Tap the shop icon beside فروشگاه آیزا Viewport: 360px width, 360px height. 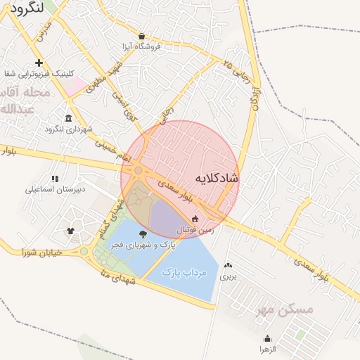pyautogui.click(x=142, y=36)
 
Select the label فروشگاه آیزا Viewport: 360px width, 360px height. pyautogui.click(x=142, y=46)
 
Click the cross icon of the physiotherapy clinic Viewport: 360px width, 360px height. pyautogui.click(x=39, y=63)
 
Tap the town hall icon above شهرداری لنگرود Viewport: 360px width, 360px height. pyautogui.click(x=68, y=117)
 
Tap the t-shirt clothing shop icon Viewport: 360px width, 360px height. pyautogui.click(x=70, y=230)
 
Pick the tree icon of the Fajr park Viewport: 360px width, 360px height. pyautogui.click(x=143, y=233)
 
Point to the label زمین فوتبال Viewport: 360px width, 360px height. pyautogui.click(x=198, y=230)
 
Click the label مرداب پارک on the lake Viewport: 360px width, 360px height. pyautogui.click(x=181, y=271)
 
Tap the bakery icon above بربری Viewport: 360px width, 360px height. pyautogui.click(x=227, y=266)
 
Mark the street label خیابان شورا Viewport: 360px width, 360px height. pyautogui.click(x=41, y=251)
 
